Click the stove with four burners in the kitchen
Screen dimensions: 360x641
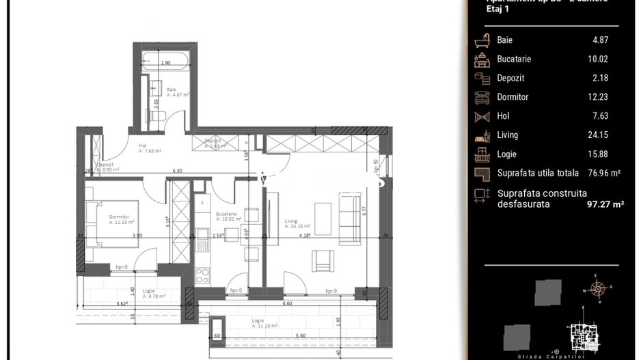203,275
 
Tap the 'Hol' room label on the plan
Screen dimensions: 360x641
143,146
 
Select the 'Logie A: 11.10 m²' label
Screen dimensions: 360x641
264,323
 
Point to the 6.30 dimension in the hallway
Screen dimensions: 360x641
177,171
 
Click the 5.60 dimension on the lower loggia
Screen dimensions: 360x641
299,335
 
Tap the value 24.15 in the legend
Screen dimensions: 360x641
599,135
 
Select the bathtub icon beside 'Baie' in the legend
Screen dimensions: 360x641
482,40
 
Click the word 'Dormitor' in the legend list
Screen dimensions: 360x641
513,97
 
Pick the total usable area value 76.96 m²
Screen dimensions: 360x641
605,174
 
